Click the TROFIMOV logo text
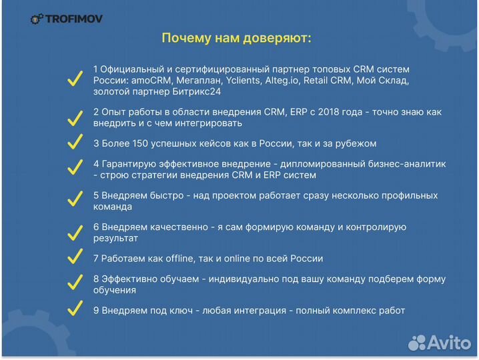tap(73, 19)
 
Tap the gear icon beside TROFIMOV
tap(37, 19)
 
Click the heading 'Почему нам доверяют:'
tap(236, 38)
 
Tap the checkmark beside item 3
tap(75, 143)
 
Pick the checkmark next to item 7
tap(75, 258)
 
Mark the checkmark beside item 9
tap(75, 310)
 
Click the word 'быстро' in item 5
tap(173, 195)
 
